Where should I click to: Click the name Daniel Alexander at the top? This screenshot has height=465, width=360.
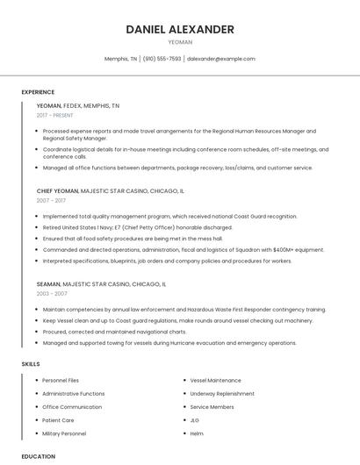180,29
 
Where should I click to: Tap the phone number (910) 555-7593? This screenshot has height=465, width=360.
162,59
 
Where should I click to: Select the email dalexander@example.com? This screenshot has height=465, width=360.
221,59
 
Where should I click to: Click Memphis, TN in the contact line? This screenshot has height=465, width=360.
121,59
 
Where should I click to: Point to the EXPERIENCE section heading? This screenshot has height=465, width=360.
38,92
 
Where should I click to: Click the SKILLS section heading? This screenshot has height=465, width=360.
31,363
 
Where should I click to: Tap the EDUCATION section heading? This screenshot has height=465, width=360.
38,456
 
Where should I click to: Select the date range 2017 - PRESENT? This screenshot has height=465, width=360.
55,115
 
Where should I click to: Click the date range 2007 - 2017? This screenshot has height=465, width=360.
51,200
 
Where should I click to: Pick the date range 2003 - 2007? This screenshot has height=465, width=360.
51,294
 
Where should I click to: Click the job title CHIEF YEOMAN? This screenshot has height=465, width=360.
57,190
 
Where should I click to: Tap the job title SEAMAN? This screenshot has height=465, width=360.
48,284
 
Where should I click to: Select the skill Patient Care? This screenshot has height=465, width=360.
59,420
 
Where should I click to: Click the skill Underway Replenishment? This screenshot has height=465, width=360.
222,394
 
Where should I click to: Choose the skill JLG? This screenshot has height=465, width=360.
195,420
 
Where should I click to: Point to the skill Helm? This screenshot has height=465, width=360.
197,433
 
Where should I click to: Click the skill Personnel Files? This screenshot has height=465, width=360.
61,381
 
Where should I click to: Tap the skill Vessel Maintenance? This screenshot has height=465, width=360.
215,381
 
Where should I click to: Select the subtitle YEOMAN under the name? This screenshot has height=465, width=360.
180,41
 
